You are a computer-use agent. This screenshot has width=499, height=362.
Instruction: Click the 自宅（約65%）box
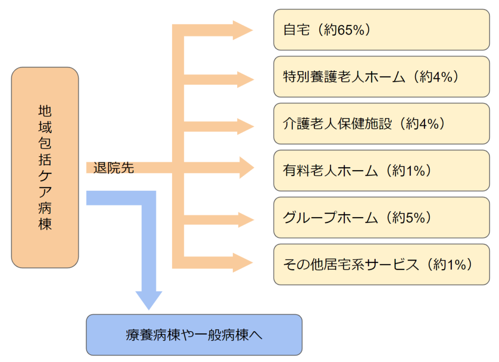click(381, 30)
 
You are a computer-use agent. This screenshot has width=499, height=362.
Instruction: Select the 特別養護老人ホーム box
click(381, 77)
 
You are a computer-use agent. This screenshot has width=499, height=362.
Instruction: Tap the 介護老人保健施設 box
click(381, 123)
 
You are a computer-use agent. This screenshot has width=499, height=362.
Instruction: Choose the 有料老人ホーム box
click(381, 170)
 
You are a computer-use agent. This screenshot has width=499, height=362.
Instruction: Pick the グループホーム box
click(381, 217)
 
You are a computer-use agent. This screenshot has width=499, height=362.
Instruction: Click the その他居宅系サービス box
click(381, 264)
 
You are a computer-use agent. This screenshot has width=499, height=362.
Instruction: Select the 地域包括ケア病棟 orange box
click(45, 167)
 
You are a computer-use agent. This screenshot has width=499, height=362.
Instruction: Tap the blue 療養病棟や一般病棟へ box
click(194, 335)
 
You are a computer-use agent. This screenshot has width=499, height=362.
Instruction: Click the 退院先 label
click(114, 168)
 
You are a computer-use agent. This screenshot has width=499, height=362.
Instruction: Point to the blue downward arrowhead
click(149, 300)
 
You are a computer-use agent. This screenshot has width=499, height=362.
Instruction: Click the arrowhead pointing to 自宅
click(242, 30)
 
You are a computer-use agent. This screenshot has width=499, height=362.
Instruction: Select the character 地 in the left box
click(45, 111)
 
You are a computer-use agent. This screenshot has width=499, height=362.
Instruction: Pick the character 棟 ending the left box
click(45, 224)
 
